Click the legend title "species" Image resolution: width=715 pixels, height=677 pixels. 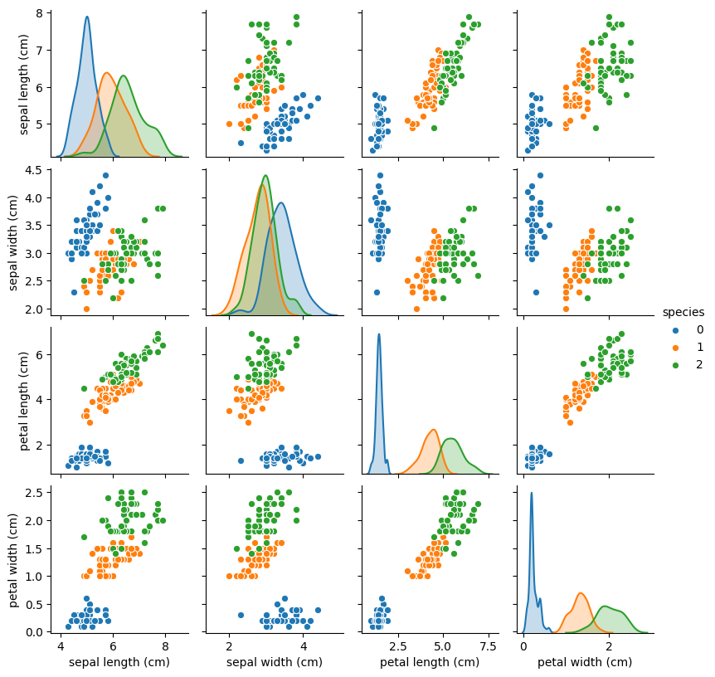pos(683,312)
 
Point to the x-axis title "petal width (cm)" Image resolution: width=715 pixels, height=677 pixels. pos(584,662)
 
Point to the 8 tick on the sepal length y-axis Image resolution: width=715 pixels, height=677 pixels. pos(41,13)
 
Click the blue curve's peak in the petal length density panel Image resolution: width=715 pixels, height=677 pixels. pos(379,334)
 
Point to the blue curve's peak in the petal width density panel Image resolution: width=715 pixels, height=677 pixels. pos(532,492)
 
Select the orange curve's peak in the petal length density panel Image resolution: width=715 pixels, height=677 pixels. pos(434,429)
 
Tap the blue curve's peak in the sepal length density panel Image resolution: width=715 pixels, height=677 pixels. pos(87,17)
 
